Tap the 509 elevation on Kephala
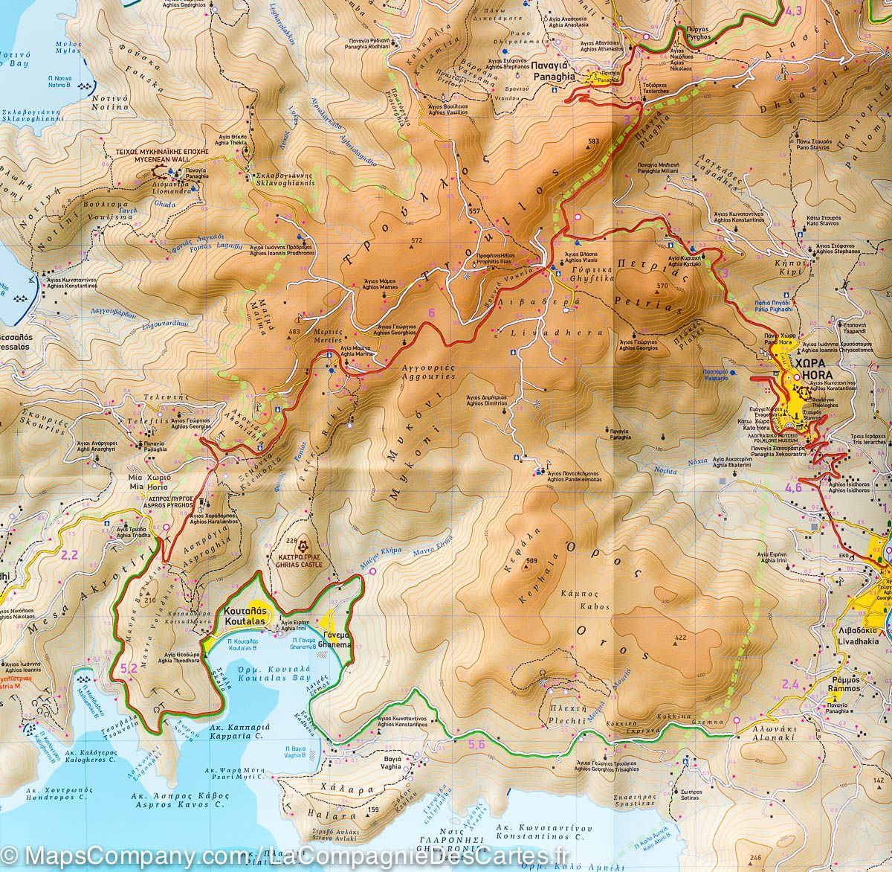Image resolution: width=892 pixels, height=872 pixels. (531, 560)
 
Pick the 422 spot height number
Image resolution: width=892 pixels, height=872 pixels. (679, 638)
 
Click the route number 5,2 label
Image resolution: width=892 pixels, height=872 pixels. (128, 669)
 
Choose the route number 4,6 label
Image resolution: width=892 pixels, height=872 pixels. (793, 488)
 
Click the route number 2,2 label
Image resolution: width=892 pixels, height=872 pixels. (70, 554)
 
